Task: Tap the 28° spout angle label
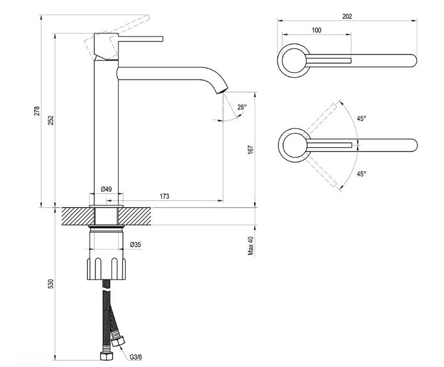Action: [242, 107]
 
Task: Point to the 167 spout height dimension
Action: [250, 149]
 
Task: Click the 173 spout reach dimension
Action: [164, 196]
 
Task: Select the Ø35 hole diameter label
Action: [135, 245]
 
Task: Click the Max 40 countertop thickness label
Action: [250, 246]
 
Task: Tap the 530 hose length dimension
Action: [50, 284]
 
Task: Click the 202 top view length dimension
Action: [347, 17]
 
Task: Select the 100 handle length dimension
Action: [317, 30]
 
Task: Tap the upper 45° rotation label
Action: [361, 118]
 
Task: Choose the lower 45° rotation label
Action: [361, 174]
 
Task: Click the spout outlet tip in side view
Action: [222, 90]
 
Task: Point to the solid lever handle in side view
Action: [140, 39]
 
